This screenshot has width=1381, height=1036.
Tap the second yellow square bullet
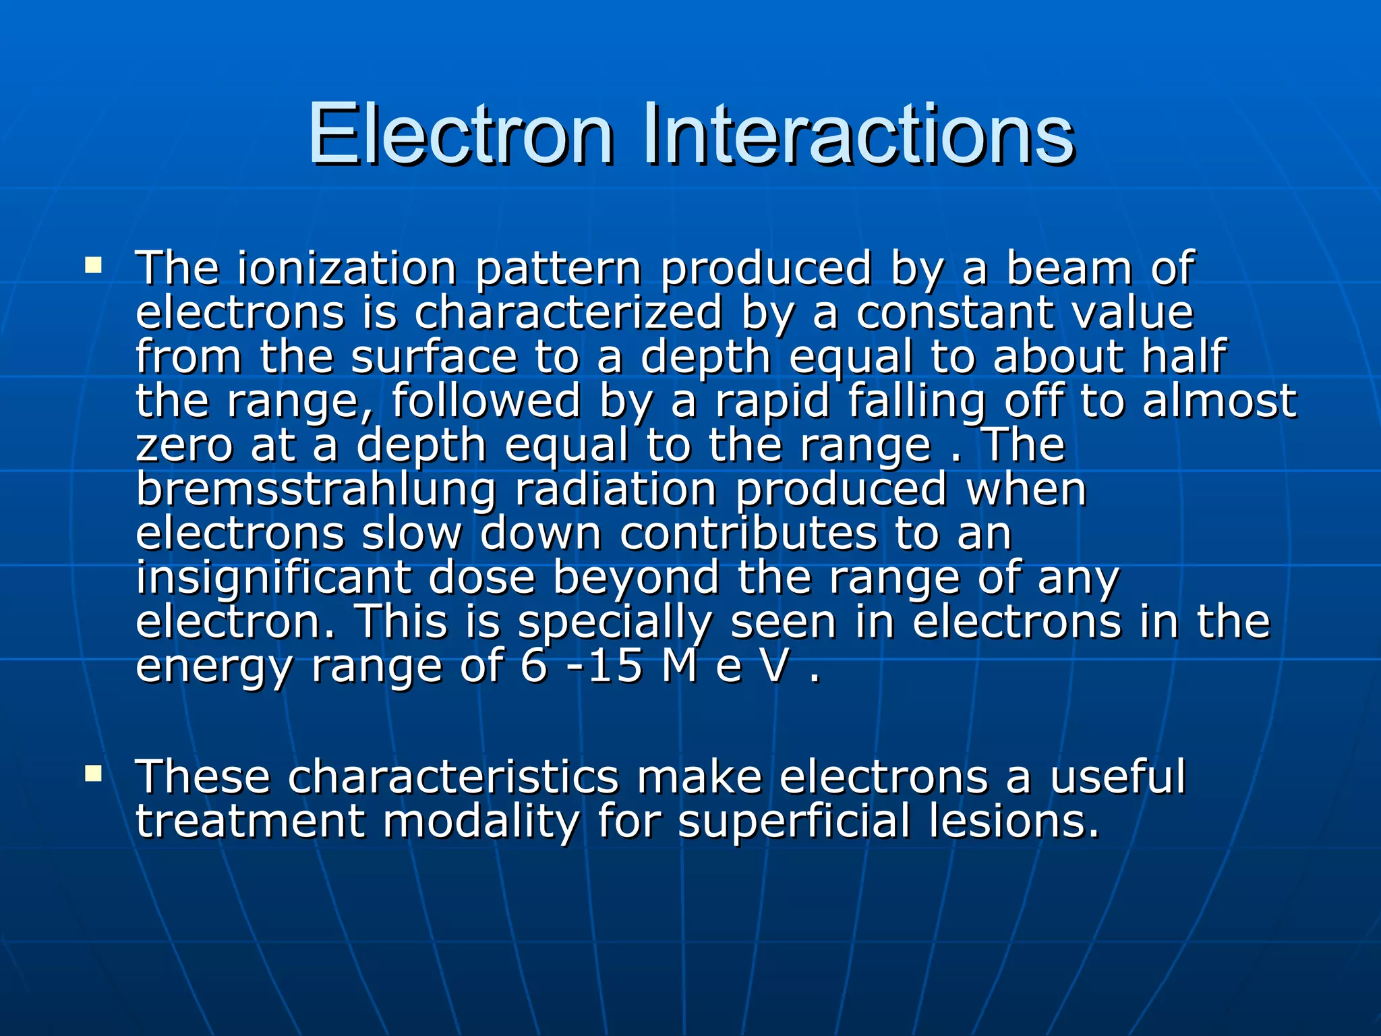[x=93, y=772]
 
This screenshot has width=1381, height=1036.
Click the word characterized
[x=568, y=313]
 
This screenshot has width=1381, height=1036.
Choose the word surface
[x=434, y=357]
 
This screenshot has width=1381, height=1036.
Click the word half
[x=1183, y=357]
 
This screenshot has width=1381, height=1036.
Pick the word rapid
[x=771, y=402]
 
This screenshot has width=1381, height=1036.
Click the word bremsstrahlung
[x=316, y=490]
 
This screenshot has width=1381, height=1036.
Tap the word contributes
[x=748, y=534]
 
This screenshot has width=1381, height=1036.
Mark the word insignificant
[x=273, y=579]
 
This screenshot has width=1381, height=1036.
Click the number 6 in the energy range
[x=533, y=667]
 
